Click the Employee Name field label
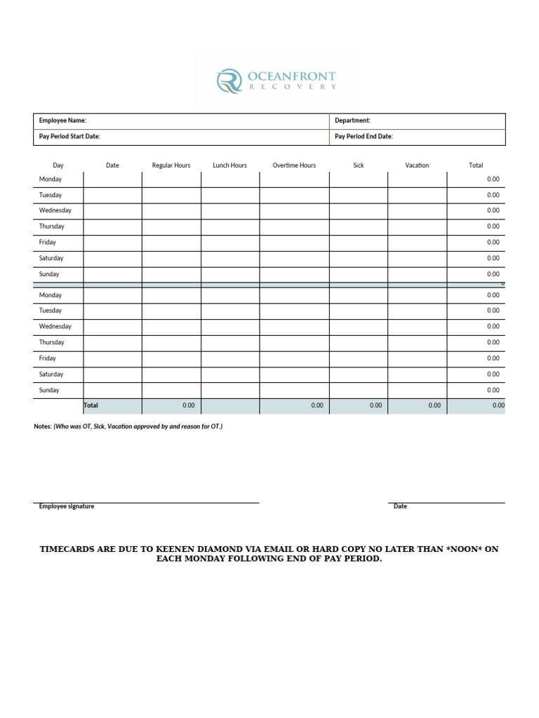62,121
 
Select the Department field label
352,121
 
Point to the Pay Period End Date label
364,137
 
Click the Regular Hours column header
171,165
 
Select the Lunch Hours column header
230,165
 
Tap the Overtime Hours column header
294,165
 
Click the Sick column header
359,165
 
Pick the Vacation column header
417,165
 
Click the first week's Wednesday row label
55,210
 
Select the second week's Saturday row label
51,374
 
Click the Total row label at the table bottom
91,405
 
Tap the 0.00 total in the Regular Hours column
189,405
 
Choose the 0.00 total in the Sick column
376,405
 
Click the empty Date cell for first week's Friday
112,243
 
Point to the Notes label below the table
42,426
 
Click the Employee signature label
67,506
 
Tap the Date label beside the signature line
400,506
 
